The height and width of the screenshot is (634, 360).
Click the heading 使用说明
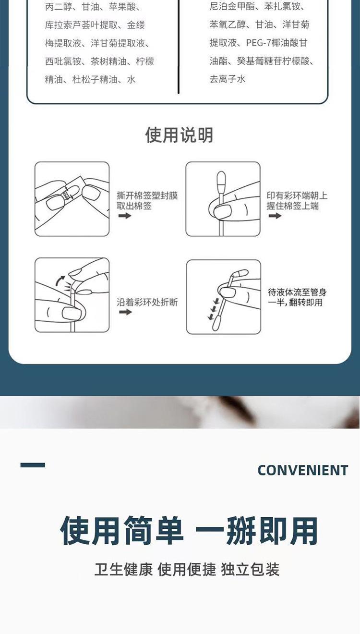(179, 134)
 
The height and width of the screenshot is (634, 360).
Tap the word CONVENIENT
(302, 470)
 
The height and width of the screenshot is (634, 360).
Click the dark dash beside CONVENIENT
(33, 465)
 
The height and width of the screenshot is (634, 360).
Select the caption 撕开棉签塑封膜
(147, 195)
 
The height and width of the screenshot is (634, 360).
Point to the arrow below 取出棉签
(125, 216)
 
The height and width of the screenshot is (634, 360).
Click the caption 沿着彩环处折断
(147, 302)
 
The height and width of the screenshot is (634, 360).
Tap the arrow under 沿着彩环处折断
(125, 312)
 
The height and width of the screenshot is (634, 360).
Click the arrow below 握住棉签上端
(275, 216)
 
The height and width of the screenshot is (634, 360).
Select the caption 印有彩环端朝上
(297, 195)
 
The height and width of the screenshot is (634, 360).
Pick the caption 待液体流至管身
(297, 292)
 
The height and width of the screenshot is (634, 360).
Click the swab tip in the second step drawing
(221, 181)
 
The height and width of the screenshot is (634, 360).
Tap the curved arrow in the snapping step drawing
(60, 281)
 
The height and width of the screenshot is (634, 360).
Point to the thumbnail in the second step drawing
(222, 211)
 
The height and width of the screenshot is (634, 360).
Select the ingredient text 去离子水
(228, 79)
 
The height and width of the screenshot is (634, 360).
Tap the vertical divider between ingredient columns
(179, 47)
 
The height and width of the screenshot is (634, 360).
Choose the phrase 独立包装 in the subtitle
(250, 569)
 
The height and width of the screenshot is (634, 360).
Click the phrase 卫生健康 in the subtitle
(123, 569)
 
